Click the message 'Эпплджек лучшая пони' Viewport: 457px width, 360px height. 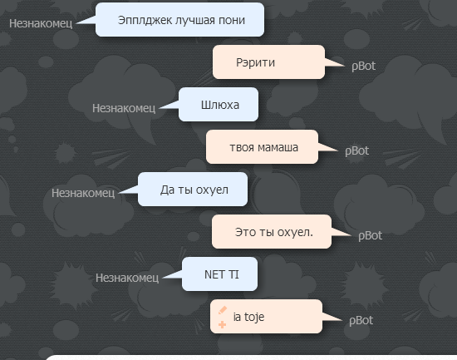pos(179,20)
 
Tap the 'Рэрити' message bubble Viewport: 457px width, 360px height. pos(268,62)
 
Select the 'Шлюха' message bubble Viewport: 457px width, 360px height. pos(219,105)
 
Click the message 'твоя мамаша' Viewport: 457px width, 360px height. pos(262,146)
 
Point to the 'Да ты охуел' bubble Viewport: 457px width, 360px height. pos(193,190)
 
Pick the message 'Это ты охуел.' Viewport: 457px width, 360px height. pos(272,232)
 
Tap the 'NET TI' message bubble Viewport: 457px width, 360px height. pos(219,274)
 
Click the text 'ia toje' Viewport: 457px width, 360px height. pos(248,317)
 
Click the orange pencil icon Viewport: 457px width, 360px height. pos(223,310)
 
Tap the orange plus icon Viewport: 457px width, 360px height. pos(222,324)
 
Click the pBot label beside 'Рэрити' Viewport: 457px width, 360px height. pos(363,67)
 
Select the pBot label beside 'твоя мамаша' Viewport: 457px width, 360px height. pos(356,151)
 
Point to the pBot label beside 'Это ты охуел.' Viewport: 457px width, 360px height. pos(370,236)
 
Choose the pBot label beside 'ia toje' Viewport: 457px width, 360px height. pos(361,321)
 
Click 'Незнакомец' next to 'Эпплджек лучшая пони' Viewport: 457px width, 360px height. pos(41,23)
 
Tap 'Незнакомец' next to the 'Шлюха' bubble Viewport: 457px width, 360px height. pos(124,108)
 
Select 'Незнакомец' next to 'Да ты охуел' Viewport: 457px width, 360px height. pos(83,193)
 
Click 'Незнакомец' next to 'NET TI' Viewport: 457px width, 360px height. pos(127,278)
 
